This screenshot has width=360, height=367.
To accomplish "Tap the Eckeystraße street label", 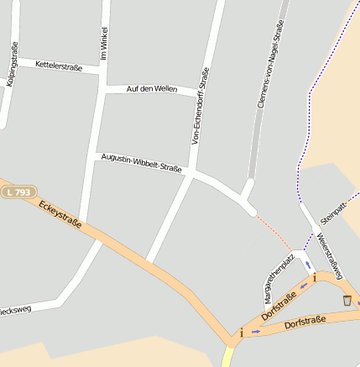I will (x=60, y=214).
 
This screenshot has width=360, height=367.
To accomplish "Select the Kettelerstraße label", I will (x=59, y=65).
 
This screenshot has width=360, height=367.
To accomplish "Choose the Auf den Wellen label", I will (x=151, y=88).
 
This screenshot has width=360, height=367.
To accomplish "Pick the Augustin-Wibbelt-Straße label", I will (x=141, y=162).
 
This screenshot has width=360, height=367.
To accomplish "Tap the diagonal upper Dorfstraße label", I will (x=279, y=307).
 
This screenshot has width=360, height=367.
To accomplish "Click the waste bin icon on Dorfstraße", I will (x=347, y=300).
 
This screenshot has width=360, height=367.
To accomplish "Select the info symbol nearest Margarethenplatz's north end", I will (x=313, y=276).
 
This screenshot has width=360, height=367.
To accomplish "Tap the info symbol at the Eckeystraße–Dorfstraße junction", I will (x=242, y=333).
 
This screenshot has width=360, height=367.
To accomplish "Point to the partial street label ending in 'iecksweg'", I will (x=15, y=309).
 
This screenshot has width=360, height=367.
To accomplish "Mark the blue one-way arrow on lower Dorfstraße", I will (x=256, y=332).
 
